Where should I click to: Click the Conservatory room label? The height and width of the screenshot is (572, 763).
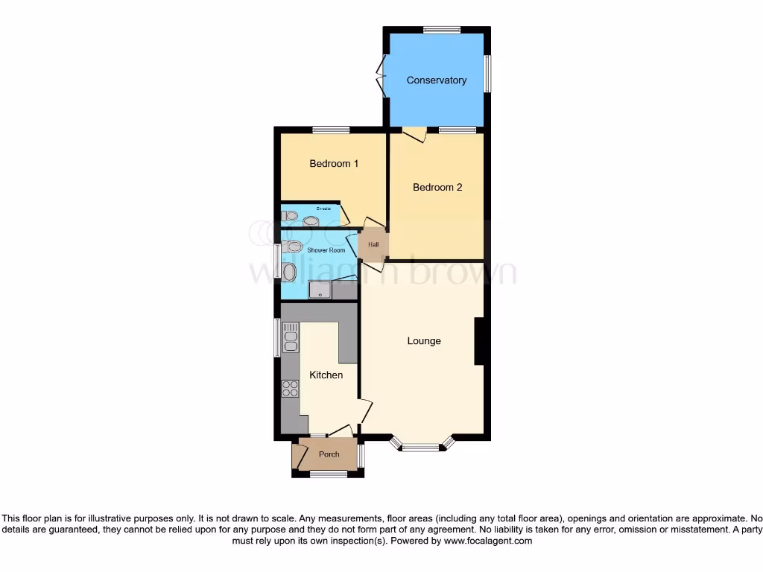tap(436, 80)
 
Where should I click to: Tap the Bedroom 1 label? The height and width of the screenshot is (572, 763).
tap(335, 164)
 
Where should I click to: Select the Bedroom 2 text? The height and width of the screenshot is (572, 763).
tap(437, 188)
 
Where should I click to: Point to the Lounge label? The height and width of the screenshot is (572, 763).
tap(424, 341)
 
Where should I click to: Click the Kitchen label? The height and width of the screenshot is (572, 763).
tap(326, 375)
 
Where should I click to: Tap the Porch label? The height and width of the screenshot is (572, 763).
tap(329, 454)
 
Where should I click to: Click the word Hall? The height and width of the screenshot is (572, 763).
tap(373, 244)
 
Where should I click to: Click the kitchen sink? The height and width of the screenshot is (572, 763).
tap(291, 337)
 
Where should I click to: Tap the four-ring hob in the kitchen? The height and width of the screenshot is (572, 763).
tap(290, 389)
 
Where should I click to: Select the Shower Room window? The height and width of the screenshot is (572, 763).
tap(277, 261)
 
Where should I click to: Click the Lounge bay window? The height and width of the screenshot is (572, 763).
tap(422, 448)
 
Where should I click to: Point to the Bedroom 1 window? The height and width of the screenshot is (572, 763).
tap(331, 130)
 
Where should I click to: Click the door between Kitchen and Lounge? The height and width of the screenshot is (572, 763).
tap(365, 410)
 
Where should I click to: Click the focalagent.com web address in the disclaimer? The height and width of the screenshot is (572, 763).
tap(488, 541)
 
